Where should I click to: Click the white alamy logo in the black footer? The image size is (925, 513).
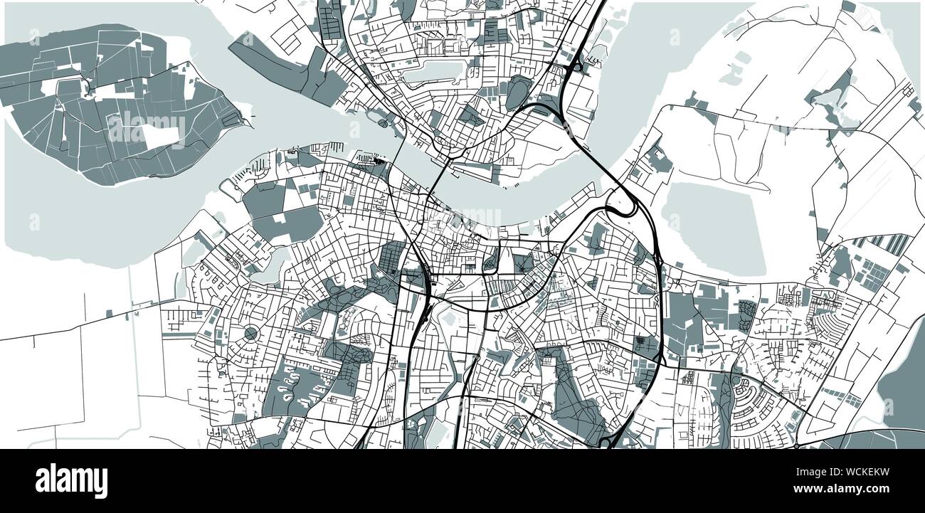coord(71,481)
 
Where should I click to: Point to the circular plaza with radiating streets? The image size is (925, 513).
coord(250,333)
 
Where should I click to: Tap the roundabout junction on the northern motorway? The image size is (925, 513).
coord(575,67)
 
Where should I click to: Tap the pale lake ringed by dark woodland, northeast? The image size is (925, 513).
coord(829,96)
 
